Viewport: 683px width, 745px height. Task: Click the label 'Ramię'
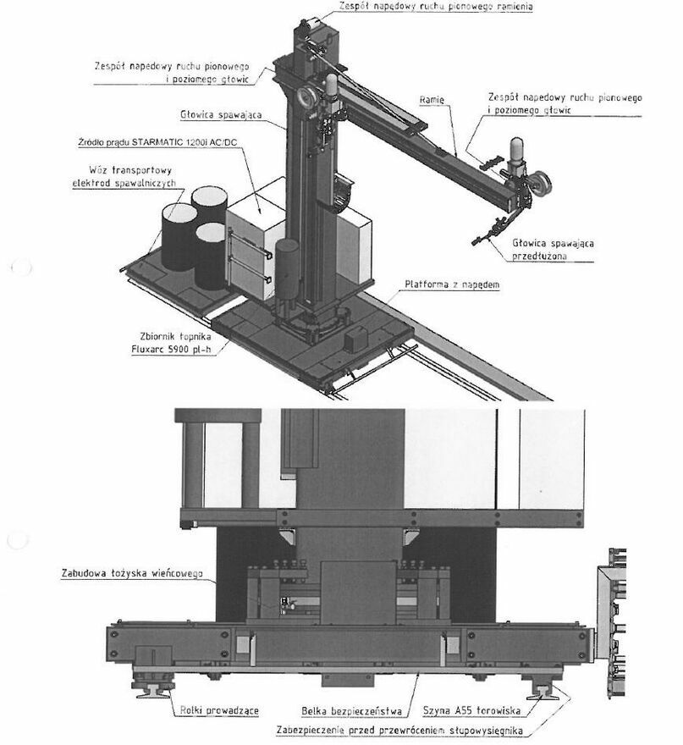(x=432, y=100)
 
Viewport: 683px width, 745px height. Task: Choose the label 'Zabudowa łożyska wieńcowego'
(x=134, y=573)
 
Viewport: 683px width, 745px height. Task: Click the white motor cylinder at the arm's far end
(x=515, y=151)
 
